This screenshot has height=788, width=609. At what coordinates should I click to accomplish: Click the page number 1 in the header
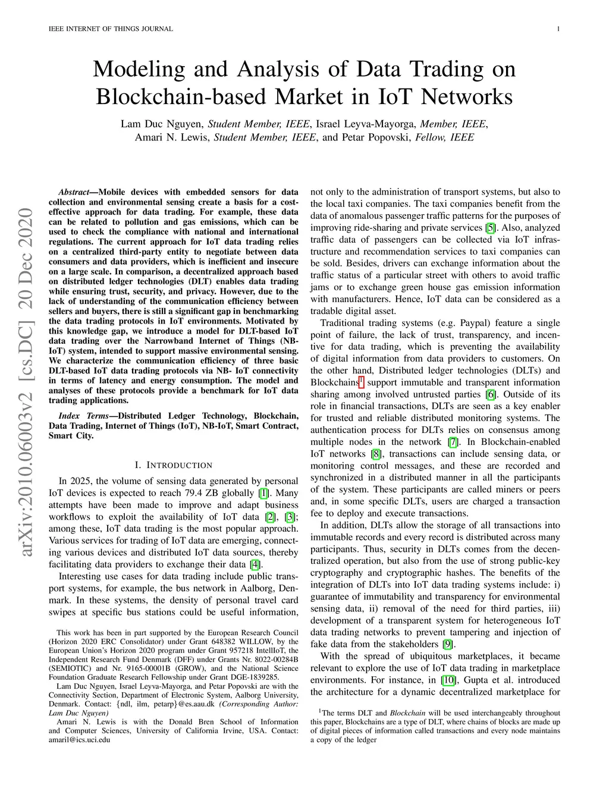point(558,29)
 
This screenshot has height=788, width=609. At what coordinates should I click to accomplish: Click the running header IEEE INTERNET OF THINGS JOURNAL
point(111,29)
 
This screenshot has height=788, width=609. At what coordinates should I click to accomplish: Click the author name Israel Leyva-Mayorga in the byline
point(365,124)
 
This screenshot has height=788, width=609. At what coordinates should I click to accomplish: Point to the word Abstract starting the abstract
point(74,192)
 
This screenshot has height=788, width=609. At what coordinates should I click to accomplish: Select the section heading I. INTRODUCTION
point(174,465)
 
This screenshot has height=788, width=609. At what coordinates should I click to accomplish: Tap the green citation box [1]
point(263,493)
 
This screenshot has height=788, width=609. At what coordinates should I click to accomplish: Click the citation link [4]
point(256,564)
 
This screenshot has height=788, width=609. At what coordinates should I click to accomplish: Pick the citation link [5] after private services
point(491,228)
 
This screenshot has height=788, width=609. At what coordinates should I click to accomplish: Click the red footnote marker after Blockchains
point(361,381)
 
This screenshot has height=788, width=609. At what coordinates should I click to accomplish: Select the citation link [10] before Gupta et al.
point(448,680)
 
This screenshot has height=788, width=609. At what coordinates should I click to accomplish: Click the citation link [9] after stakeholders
point(448,645)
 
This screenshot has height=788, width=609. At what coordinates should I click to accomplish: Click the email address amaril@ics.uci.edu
point(79,740)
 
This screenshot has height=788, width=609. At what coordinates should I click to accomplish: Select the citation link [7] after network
point(453,442)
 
